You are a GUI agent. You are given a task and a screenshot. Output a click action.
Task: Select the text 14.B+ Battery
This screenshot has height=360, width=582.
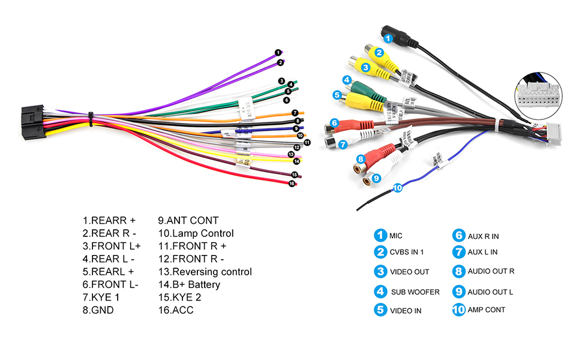click(189, 284)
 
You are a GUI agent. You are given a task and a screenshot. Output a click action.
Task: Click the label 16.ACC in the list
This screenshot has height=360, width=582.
click(176, 310)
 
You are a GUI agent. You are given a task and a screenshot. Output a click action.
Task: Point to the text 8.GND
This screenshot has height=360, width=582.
click(98, 310)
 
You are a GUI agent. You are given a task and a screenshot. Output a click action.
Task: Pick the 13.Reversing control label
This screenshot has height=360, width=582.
click(205, 272)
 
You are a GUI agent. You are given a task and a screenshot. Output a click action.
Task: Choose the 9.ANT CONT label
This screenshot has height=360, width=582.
click(188, 220)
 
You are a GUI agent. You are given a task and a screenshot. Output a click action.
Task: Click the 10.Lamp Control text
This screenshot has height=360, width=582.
click(196, 233)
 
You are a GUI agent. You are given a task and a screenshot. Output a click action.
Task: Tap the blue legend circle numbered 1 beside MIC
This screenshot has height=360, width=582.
click(380, 235)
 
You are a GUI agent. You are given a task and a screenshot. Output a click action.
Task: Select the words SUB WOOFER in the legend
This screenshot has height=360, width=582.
click(415, 292)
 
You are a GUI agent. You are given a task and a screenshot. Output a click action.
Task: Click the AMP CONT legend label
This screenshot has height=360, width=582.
click(487, 310)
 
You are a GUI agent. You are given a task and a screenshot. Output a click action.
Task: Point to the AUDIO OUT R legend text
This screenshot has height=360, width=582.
click(491, 271)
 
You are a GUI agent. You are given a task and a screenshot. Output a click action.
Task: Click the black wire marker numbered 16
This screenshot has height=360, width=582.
click(292, 184)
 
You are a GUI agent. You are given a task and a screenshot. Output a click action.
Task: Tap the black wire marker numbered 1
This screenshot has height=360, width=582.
click(278, 53)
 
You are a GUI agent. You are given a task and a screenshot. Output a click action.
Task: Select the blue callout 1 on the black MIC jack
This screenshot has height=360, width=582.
click(388, 38)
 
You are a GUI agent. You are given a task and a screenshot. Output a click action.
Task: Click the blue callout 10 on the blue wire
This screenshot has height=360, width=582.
click(397, 188)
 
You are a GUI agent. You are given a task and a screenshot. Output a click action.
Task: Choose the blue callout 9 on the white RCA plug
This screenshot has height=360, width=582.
click(376, 178)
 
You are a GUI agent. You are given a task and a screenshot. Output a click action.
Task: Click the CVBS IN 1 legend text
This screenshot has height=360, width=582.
click(407, 252)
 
